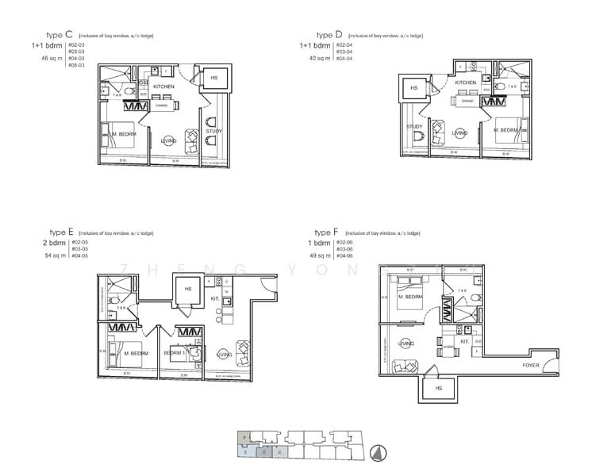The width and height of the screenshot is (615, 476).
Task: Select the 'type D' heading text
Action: coord(329,35)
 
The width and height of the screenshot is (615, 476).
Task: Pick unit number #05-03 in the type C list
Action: coord(77,65)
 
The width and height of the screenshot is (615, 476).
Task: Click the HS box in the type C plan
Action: coord(213,78)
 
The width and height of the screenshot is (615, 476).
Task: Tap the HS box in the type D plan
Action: coord(413,89)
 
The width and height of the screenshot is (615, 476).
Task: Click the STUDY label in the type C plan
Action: coord(213,132)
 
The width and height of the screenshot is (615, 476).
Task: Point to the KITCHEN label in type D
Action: coord(466,83)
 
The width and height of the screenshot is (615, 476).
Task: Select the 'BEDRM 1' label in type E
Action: coord(174,352)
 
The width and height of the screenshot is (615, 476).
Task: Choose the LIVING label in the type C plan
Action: coord(168,140)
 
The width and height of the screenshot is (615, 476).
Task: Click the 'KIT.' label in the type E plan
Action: coord(214,298)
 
